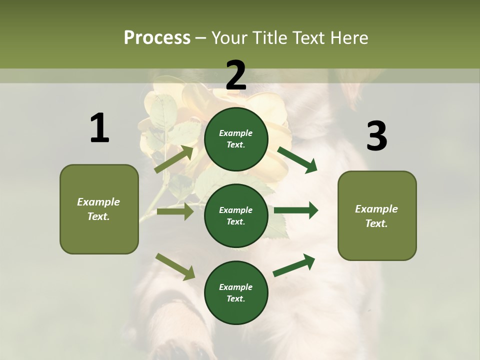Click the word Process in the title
pos(157,38)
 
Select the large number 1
pos(99,128)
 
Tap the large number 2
pos(236,75)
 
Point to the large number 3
pos(376,136)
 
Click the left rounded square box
pos(99,209)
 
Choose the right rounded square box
pos(377,216)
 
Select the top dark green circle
pos(236,139)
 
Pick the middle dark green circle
pos(236,215)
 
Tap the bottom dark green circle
pos(236,292)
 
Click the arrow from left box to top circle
pos(174,159)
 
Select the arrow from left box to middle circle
pos(175,211)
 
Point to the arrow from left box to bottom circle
pos(175,266)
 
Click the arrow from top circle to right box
pos(297,159)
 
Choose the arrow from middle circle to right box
pos(296,210)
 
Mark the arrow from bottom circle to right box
pos(294,265)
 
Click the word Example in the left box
pos(98,202)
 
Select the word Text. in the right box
pos(376,223)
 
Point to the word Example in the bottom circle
pos(236,287)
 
